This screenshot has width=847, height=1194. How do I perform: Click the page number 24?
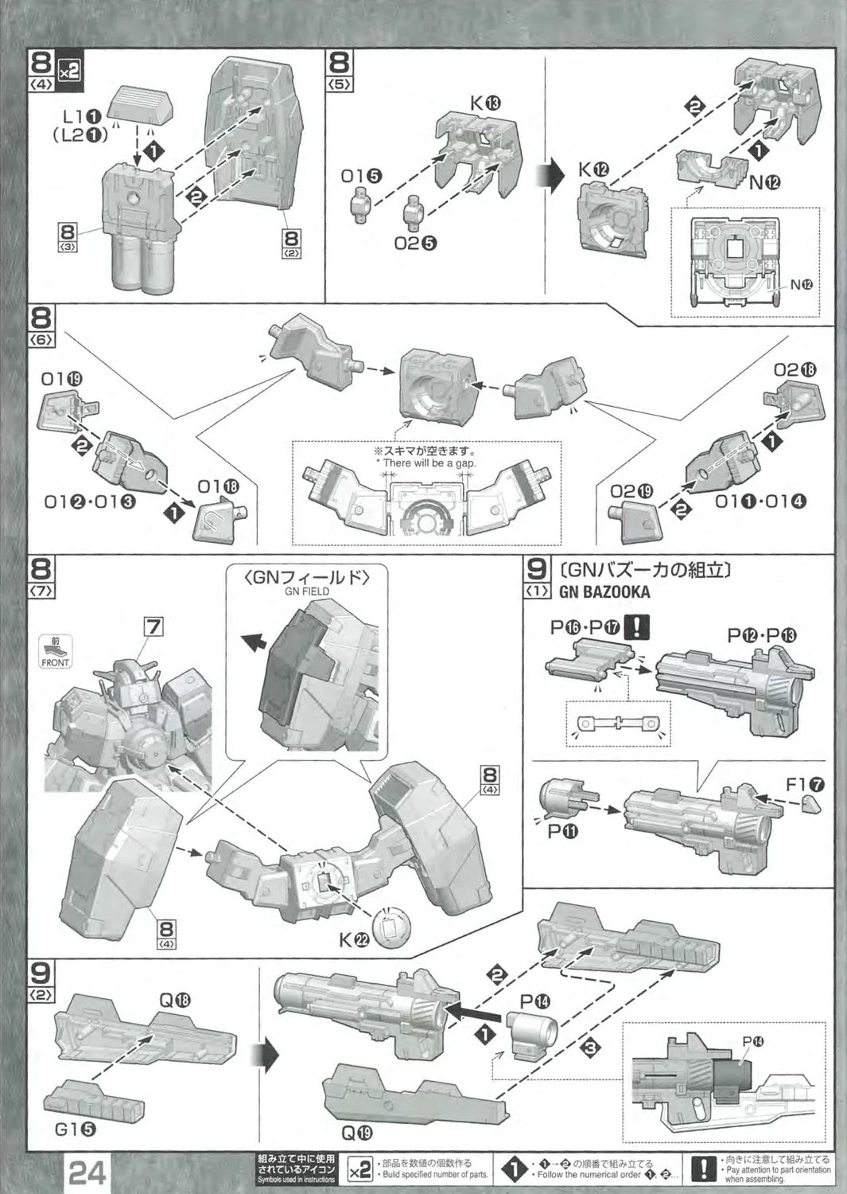90,1172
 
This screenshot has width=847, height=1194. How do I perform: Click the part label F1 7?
806,786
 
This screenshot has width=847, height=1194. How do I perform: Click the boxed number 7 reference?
153,627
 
